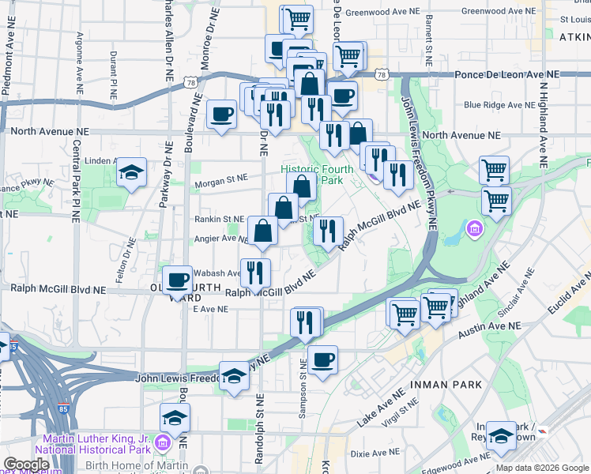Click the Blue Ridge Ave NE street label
(x=499, y=104)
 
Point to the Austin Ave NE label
(x=491, y=325)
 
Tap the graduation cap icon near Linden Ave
(x=131, y=172)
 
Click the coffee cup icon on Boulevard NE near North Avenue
(x=221, y=113)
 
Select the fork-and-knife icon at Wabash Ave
(x=255, y=273)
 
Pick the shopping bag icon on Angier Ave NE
(x=263, y=231)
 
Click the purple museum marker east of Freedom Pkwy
(x=475, y=229)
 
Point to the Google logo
(x=26, y=465)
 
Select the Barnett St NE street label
(x=429, y=39)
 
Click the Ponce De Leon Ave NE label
(x=507, y=74)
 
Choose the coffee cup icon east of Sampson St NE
(x=322, y=359)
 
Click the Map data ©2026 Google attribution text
(x=543, y=467)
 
